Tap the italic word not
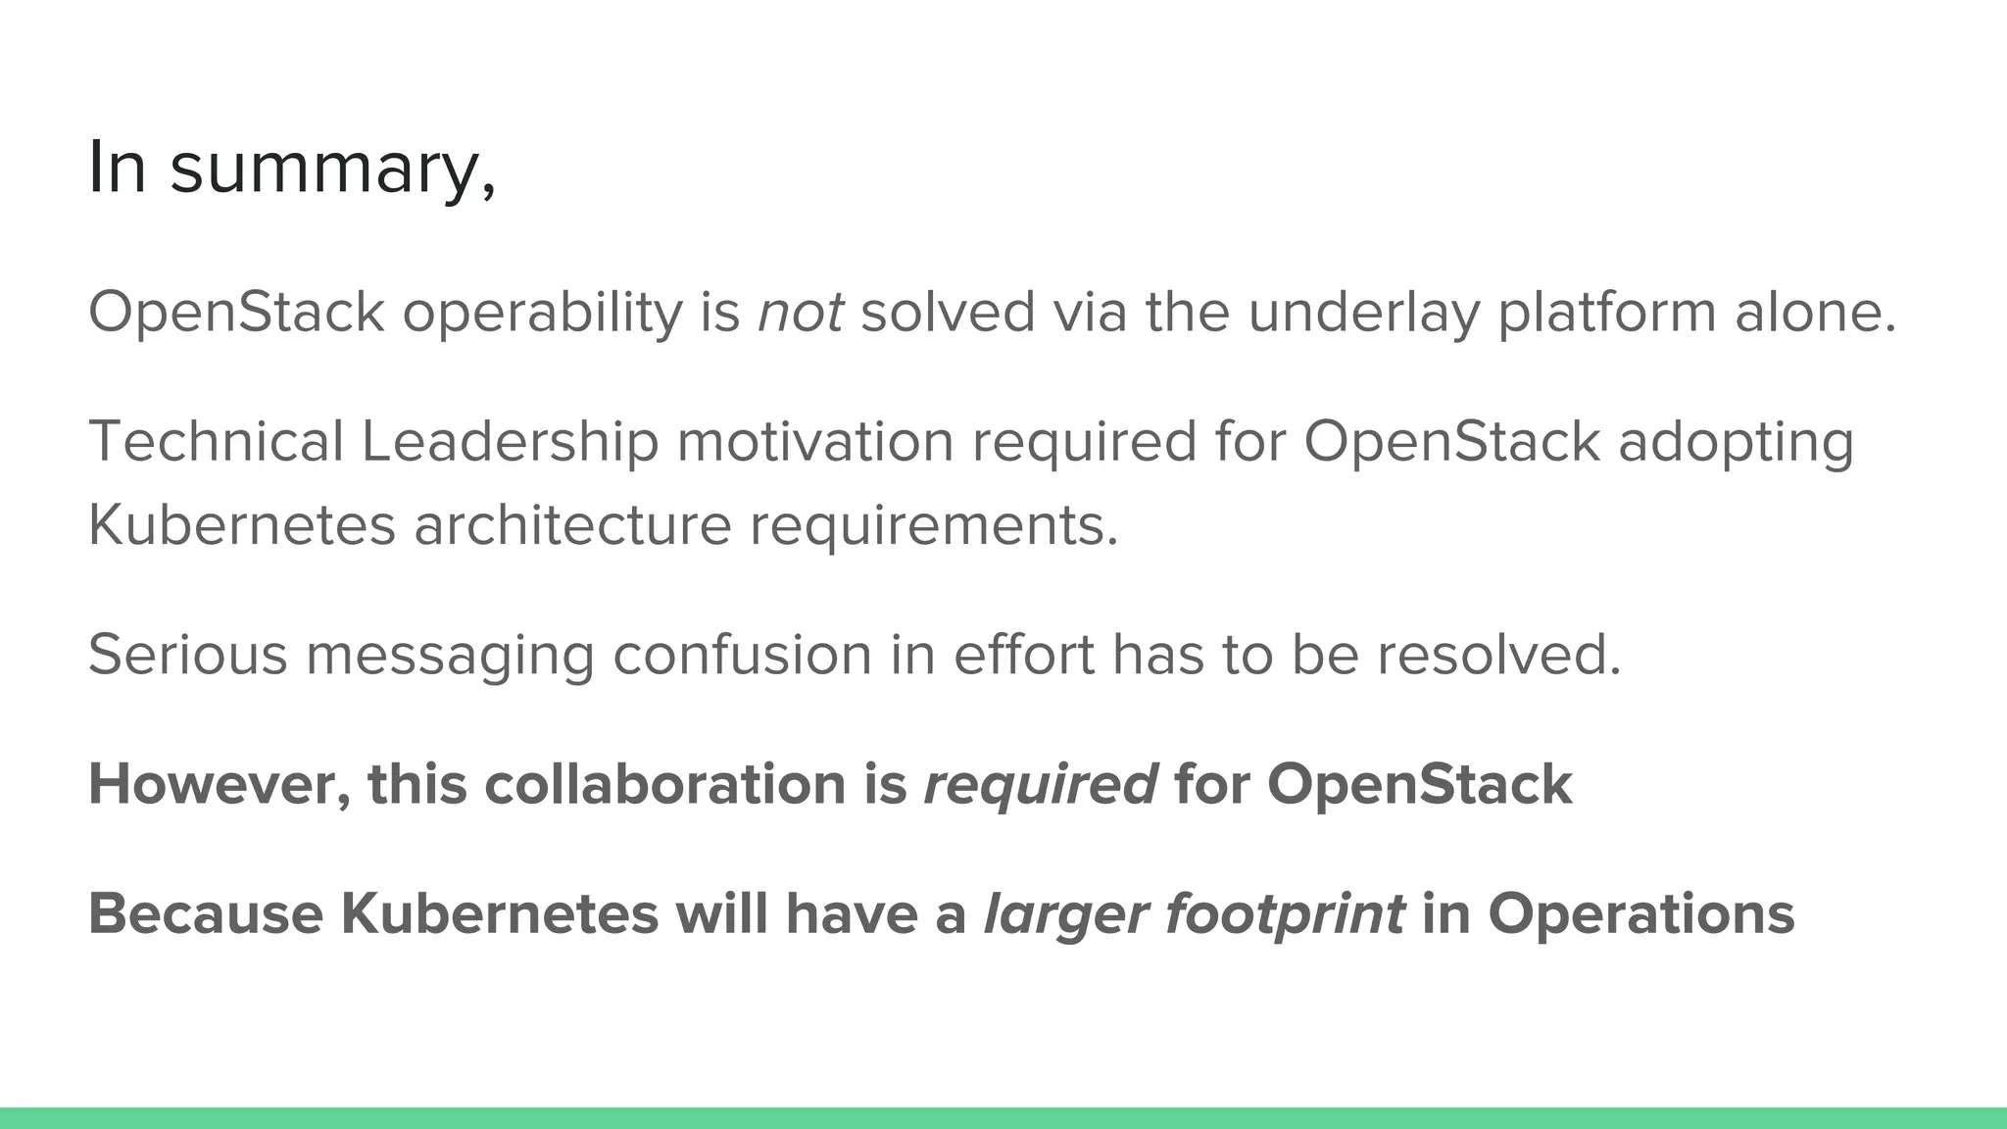800,313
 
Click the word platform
1607,313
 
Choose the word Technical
217,441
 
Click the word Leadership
510,441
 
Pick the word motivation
815,441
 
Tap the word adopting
1736,443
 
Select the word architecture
572,525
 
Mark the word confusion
742,655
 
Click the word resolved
1499,655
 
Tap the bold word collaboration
664,785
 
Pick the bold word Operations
1641,915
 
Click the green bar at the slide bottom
1003,1118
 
